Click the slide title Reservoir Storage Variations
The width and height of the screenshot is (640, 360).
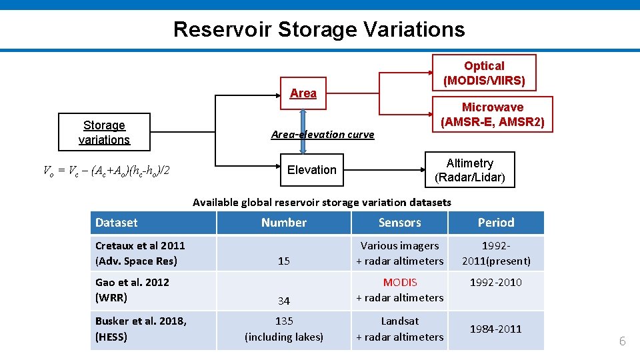[x=319, y=29]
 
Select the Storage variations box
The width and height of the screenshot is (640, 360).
[x=104, y=133]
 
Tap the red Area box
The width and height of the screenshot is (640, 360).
[x=303, y=93]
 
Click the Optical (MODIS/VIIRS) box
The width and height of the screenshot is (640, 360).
[x=484, y=73]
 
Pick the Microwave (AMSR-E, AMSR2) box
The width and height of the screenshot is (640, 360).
[x=492, y=115]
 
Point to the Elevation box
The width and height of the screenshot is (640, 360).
[x=311, y=170]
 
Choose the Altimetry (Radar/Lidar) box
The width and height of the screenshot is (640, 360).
[x=469, y=171]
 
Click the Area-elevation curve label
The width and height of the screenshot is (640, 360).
[x=323, y=135]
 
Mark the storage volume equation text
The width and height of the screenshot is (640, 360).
[x=107, y=171]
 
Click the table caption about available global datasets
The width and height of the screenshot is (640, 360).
[x=321, y=202]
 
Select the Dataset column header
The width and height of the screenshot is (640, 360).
[x=117, y=223]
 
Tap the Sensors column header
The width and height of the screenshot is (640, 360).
[x=399, y=223]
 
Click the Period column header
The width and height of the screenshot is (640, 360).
[x=496, y=223]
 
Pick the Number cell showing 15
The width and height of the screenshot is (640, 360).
[x=284, y=261]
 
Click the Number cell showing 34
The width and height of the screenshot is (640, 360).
[x=284, y=301]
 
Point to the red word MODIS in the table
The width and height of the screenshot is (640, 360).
[x=400, y=283]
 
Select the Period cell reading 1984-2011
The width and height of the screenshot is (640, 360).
[x=496, y=329]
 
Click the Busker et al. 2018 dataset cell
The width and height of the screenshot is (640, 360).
[x=141, y=329]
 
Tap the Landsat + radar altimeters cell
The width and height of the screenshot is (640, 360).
[x=399, y=329]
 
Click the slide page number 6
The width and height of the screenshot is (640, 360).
[x=622, y=341]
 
